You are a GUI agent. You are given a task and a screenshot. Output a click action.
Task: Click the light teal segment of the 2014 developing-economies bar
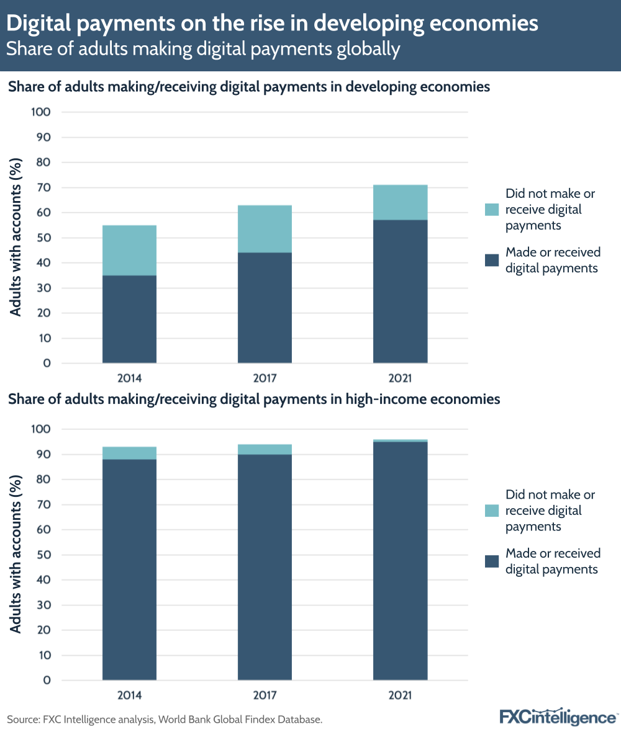[x=129, y=250]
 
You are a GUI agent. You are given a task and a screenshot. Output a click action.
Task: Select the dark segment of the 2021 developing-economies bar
[x=400, y=292]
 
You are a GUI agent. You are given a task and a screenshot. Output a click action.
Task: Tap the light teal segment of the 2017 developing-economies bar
[x=265, y=229]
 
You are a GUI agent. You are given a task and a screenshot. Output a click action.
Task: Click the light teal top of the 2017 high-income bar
[x=265, y=449]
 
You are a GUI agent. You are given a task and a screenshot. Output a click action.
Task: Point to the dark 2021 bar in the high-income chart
[x=400, y=561]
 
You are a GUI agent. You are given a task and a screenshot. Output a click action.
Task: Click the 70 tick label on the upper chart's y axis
[x=43, y=187]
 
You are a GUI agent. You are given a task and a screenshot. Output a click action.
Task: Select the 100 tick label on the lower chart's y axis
[x=40, y=429]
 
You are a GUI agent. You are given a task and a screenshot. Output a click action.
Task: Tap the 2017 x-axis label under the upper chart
[x=265, y=378]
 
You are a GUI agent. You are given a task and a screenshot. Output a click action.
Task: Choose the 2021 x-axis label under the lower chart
[x=400, y=695]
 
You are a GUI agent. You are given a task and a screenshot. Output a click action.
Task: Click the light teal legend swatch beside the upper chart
[x=492, y=210]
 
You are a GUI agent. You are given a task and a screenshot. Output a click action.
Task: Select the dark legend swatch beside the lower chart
[x=492, y=561]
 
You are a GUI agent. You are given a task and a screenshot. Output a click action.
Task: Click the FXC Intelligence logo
[x=558, y=717]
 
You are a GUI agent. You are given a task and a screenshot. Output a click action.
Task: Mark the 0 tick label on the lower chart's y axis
[x=47, y=681]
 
